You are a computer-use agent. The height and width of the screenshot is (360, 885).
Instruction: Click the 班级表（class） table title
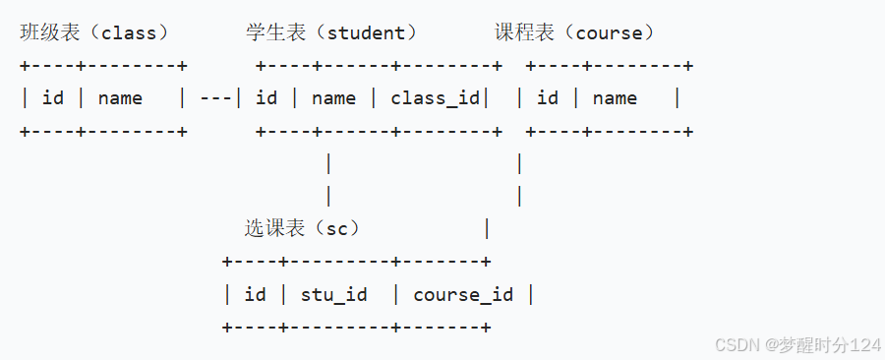tap(94, 32)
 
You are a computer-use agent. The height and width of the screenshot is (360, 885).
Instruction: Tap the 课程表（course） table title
tap(574, 32)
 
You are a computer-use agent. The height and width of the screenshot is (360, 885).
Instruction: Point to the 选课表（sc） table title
tap(303, 228)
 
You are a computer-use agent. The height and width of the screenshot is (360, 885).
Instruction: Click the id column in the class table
tap(53, 98)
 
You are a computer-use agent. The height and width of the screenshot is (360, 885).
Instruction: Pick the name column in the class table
tap(120, 98)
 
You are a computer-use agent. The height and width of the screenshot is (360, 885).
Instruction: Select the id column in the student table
tap(266, 98)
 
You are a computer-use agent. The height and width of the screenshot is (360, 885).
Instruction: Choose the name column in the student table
tap(333, 98)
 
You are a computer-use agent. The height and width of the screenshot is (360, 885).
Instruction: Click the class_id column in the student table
tap(435, 98)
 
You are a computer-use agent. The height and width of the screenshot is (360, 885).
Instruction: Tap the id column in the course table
tap(548, 98)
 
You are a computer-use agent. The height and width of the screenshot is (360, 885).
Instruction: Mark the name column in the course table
tap(615, 98)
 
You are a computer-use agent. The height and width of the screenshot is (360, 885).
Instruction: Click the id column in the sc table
tap(255, 294)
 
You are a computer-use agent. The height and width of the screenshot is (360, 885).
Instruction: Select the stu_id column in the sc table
tap(333, 294)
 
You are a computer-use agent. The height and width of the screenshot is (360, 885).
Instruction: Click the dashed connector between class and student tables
tap(215, 98)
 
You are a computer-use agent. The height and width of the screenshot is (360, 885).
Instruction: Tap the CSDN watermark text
tap(797, 344)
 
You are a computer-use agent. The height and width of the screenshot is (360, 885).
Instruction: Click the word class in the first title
tap(129, 32)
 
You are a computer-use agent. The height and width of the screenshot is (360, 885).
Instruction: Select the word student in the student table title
tap(366, 32)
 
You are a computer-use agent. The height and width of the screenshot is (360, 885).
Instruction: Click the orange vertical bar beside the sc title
tap(486, 229)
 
